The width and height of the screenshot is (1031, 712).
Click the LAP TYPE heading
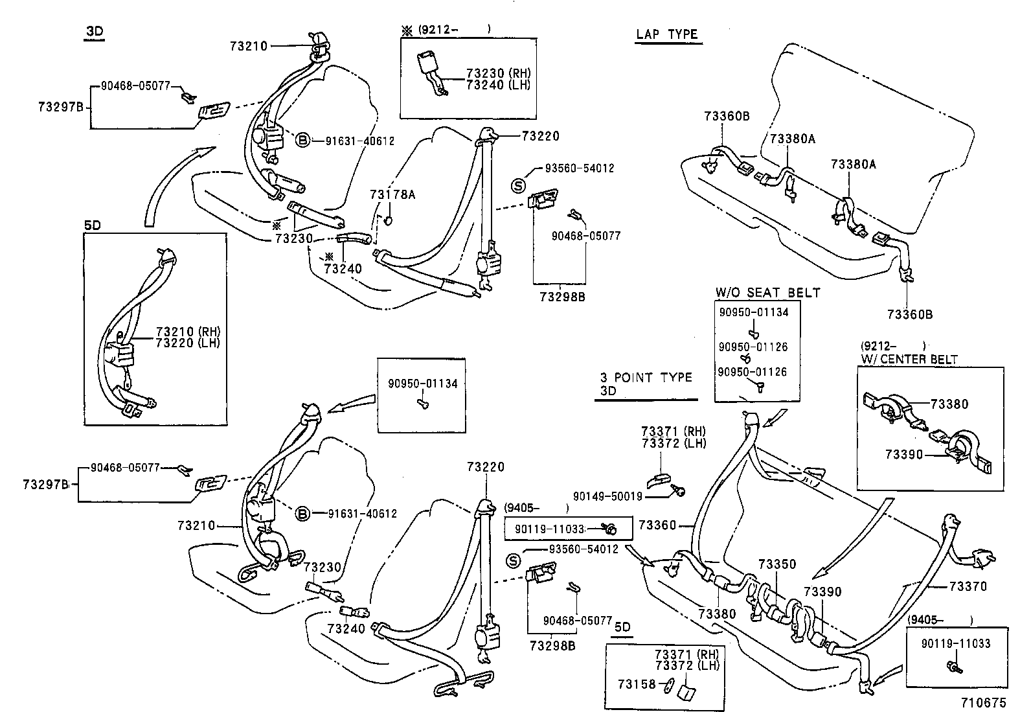click(x=668, y=34)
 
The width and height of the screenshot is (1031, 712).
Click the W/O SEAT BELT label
click(x=767, y=293)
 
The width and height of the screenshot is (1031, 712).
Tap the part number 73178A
click(x=392, y=194)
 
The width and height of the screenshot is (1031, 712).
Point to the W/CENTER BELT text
click(x=909, y=358)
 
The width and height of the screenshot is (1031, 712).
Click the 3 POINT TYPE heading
click(x=646, y=377)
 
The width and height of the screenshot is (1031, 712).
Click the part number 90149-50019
click(x=607, y=496)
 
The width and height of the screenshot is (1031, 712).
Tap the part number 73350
click(x=776, y=564)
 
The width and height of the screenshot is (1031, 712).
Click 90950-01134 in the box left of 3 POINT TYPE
click(x=422, y=384)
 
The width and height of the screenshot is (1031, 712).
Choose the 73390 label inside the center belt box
click(x=904, y=454)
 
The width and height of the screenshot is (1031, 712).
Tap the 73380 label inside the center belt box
click(x=949, y=404)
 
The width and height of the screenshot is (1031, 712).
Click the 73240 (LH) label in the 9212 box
click(x=497, y=84)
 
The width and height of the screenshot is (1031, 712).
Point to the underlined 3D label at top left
click(x=95, y=31)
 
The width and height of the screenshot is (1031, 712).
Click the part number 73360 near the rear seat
click(x=657, y=525)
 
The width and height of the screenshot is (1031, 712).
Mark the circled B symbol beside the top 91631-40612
click(x=302, y=140)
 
